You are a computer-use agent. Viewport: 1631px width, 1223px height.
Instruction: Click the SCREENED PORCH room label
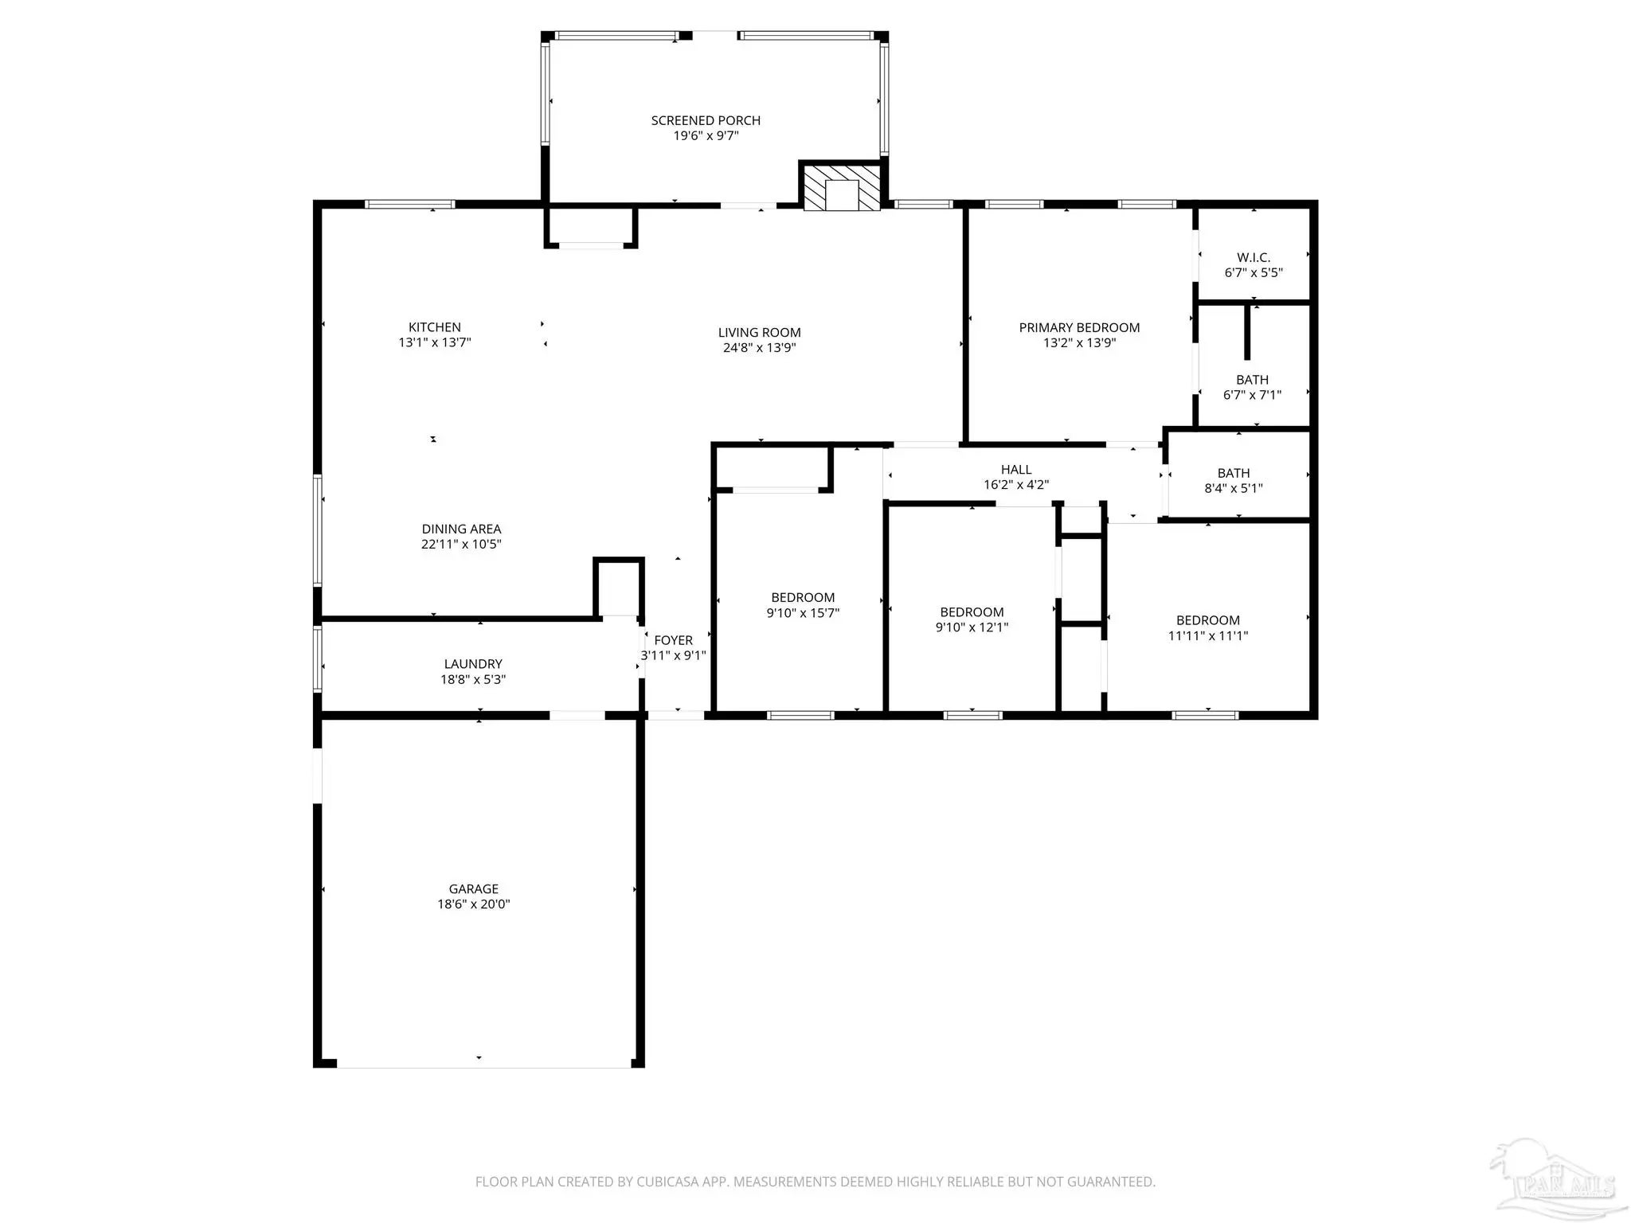pos(706,120)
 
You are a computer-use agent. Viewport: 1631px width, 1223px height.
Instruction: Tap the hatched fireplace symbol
pos(841,187)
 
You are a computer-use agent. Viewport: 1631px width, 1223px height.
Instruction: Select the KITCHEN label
pos(435,327)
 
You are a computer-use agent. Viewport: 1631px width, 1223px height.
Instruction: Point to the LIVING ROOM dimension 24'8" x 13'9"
pos(760,348)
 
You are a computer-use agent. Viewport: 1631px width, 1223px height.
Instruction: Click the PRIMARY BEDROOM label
pos(1079,328)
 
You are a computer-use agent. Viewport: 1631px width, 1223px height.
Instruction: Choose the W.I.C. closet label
pos(1254,258)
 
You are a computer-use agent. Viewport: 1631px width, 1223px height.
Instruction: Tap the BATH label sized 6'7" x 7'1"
pos(1253,380)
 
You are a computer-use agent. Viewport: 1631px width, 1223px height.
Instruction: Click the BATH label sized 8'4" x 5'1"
pos(1234,473)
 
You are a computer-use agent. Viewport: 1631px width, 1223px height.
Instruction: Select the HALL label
pos(1016,470)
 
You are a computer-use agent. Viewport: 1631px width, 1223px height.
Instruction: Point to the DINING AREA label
pos(461,529)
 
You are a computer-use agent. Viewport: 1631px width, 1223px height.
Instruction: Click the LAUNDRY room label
pos(473,664)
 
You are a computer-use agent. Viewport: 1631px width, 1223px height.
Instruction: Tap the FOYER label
pos(674,640)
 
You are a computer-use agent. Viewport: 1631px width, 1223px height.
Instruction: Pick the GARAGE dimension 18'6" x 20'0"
pos(474,905)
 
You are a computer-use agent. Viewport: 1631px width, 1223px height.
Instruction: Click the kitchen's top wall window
pos(410,204)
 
